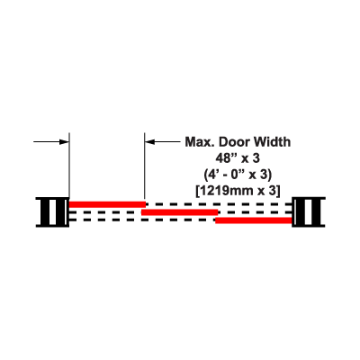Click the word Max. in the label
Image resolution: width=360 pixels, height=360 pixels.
tap(200, 142)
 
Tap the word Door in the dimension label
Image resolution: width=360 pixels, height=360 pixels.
tap(233, 142)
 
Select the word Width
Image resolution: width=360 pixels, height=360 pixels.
tap(271, 142)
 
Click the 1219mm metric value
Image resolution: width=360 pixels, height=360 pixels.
tap(226, 191)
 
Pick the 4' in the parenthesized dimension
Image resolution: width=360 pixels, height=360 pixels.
tap(212, 175)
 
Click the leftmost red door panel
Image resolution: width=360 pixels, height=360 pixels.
tap(107, 204)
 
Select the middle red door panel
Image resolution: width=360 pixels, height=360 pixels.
tap(179, 212)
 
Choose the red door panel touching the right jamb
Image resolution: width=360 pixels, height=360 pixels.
tap(254, 220)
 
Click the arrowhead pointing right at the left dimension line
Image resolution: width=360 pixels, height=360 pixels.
tap(64, 141)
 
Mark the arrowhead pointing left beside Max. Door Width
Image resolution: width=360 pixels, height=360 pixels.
tap(149, 141)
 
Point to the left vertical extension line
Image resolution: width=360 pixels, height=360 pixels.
tap(69, 166)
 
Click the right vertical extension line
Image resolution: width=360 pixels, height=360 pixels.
tap(144, 166)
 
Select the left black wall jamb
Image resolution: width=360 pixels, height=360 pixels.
tap(52, 211)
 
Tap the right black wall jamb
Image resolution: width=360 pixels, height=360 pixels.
tap(309, 211)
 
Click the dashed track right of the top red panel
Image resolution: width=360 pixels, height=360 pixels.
tap(219, 204)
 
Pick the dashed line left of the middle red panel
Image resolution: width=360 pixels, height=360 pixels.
tap(105, 212)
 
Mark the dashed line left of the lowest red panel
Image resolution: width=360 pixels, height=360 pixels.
tap(142, 220)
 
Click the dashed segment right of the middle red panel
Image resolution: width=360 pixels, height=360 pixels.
tap(255, 212)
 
